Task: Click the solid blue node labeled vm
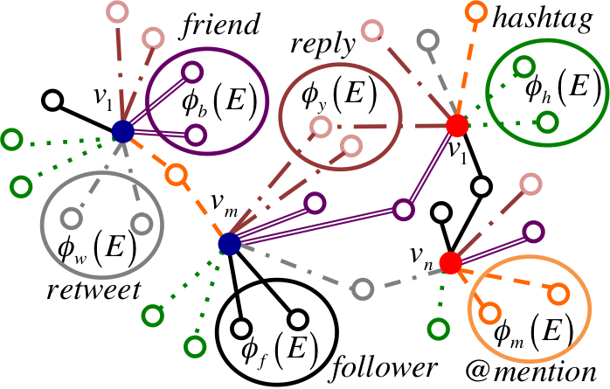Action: point(229,244)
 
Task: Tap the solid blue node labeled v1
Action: point(122,132)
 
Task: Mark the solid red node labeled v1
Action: point(455,125)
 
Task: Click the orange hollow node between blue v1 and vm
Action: point(177,174)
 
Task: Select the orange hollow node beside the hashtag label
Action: point(476,12)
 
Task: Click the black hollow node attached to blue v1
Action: point(52,100)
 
